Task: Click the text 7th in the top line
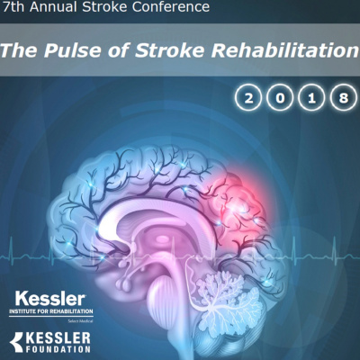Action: click(x=16, y=8)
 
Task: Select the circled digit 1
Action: click(x=310, y=95)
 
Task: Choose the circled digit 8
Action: click(x=339, y=95)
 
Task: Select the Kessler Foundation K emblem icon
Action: click(x=18, y=339)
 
